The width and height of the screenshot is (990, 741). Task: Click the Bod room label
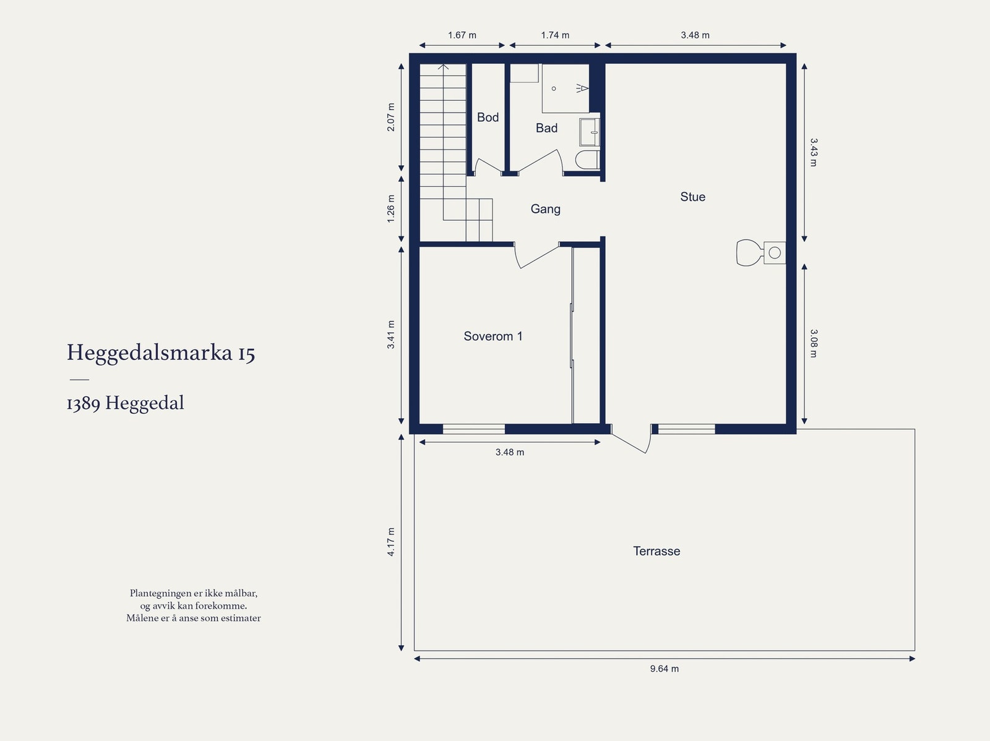pyautogui.click(x=488, y=118)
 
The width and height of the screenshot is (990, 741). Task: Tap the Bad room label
pyautogui.click(x=546, y=128)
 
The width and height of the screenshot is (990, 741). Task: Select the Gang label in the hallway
pyautogui.click(x=545, y=209)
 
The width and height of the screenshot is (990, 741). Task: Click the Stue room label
pyautogui.click(x=692, y=197)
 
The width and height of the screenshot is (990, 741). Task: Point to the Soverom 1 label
pyautogui.click(x=493, y=336)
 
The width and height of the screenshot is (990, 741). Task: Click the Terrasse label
pyautogui.click(x=656, y=551)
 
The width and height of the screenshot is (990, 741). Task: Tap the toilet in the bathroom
pyautogui.click(x=587, y=160)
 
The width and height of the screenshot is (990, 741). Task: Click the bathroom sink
pyautogui.click(x=589, y=132)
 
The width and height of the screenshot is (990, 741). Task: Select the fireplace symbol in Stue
pyautogui.click(x=760, y=252)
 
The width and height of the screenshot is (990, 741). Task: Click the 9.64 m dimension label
pyautogui.click(x=664, y=669)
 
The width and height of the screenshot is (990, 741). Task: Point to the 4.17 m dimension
pyautogui.click(x=391, y=542)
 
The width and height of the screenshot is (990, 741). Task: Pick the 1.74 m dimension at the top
pyautogui.click(x=555, y=35)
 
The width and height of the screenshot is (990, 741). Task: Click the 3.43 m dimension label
pyautogui.click(x=814, y=152)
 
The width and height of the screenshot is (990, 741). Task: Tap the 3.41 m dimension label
pyautogui.click(x=391, y=335)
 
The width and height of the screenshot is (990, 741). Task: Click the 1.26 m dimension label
pyautogui.click(x=391, y=209)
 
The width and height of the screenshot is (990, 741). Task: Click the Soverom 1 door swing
pyautogui.click(x=536, y=257)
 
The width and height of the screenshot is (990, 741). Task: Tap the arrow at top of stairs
pyautogui.click(x=443, y=66)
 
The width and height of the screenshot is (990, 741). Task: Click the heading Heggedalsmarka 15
pyautogui.click(x=161, y=353)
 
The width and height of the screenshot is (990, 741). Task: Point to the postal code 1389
pyautogui.click(x=83, y=403)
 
